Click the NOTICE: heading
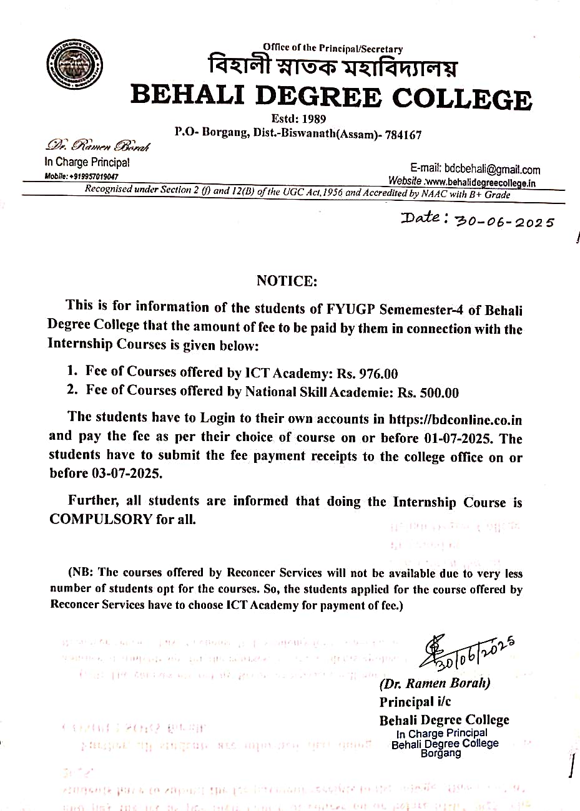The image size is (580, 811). coord(287,281)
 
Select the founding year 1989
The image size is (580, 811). coord(311,119)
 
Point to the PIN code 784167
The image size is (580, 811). coord(404,135)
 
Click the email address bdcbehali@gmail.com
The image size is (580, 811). coord(492,170)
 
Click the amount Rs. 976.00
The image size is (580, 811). coord(367,374)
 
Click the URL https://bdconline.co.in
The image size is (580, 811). coord(455,420)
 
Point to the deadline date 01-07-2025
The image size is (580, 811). coord(449,438)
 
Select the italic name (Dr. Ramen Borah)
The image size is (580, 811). coord(435,683)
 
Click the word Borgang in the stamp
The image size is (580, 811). coord(441,753)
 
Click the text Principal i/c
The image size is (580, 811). coord(415,702)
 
